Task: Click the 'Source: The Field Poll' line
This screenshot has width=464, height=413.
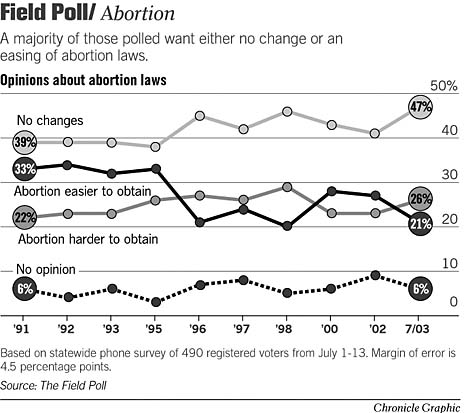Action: point(54,384)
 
